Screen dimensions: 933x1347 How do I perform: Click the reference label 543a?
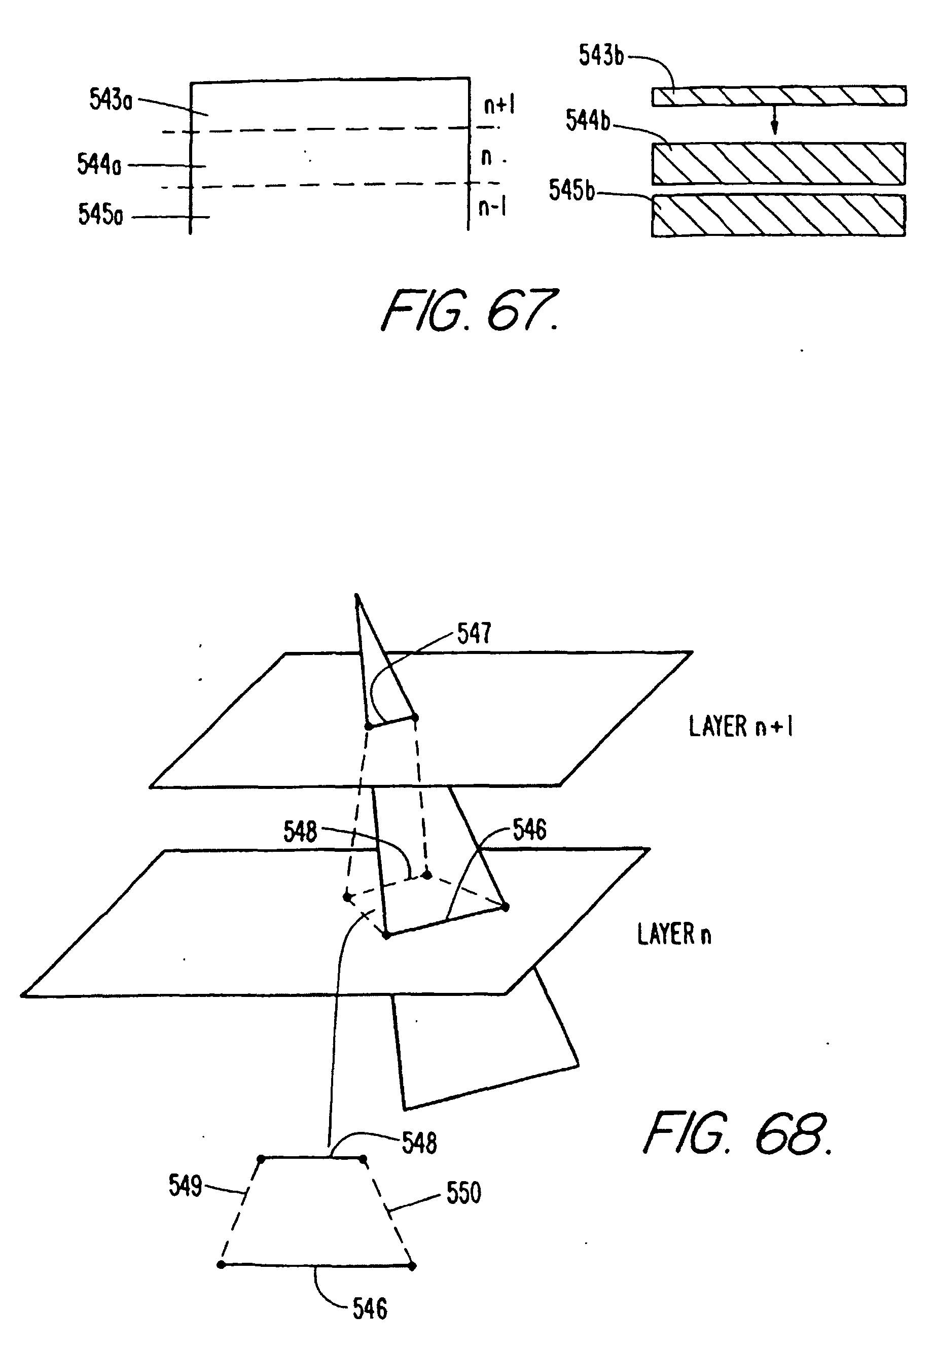[111, 99]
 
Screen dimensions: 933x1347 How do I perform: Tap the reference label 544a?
[99, 164]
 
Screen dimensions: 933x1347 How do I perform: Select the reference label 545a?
[100, 215]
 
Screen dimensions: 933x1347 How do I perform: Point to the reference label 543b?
[601, 56]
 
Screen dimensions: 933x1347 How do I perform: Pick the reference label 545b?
[571, 190]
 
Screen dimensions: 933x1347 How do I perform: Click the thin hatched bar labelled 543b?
[779, 96]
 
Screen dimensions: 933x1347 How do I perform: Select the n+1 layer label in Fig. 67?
[498, 106]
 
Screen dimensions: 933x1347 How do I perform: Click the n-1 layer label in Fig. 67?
[492, 207]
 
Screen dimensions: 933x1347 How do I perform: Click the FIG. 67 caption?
[470, 310]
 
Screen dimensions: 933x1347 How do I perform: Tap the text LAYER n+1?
[740, 727]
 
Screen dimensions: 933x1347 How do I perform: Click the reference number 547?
[474, 634]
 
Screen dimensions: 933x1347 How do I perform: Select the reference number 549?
[185, 1186]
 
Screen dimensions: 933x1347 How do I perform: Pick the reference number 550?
[463, 1193]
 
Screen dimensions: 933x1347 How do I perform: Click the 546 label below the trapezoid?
[370, 1309]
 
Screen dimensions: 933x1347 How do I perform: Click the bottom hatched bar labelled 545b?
[779, 215]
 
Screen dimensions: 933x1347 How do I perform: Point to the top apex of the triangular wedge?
[357, 596]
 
